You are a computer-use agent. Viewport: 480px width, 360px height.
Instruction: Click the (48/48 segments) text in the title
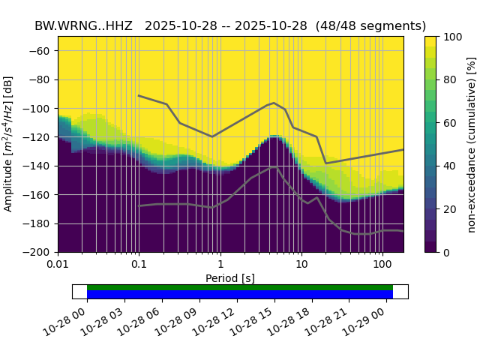370,25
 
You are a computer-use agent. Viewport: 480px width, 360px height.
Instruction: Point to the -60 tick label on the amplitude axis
42,51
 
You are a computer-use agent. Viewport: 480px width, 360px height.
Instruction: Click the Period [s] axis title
230,278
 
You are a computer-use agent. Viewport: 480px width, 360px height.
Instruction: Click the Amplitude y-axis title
10,144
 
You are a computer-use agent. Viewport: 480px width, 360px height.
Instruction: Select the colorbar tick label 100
453,37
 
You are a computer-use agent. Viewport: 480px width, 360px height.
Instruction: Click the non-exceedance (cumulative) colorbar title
471,144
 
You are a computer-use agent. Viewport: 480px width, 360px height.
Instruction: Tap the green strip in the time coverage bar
240,287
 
